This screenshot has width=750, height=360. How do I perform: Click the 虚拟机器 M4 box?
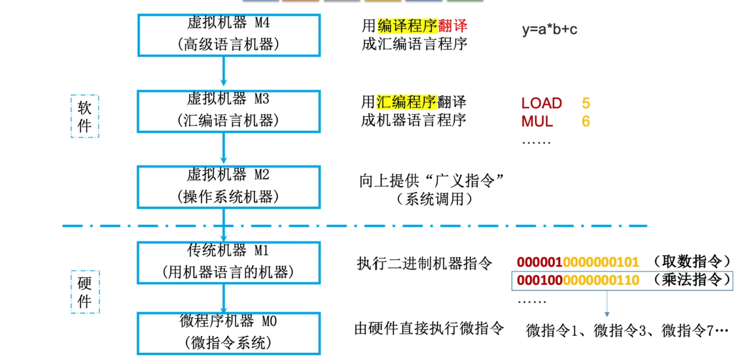click(x=229, y=34)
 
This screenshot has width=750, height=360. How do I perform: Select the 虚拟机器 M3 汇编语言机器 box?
click(x=229, y=111)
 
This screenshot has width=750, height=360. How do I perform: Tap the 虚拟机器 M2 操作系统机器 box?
click(x=229, y=187)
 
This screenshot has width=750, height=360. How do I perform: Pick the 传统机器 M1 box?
click(x=229, y=262)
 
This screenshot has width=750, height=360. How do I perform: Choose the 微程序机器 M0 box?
click(x=229, y=333)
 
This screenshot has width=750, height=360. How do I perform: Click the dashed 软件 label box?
click(x=85, y=116)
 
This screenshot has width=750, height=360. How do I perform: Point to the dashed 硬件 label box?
click(x=85, y=292)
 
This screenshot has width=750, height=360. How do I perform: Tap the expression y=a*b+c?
click(x=550, y=29)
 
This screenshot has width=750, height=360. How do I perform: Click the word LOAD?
click(x=542, y=103)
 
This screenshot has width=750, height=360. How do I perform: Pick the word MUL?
click(x=537, y=122)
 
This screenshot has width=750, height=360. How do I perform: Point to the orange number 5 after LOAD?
click(x=586, y=103)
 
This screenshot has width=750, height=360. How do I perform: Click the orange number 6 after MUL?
click(x=586, y=122)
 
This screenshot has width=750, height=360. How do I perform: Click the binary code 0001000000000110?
click(x=578, y=280)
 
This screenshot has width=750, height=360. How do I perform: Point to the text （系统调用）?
click(x=434, y=199)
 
